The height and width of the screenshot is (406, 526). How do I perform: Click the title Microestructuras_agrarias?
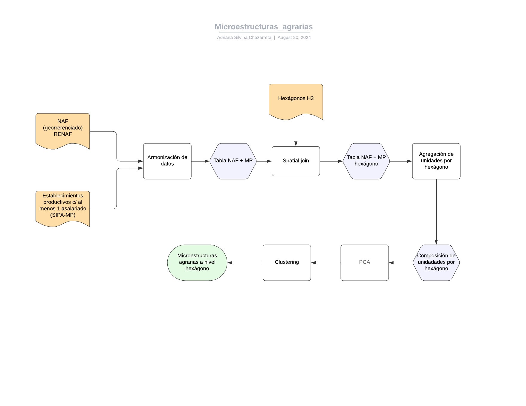[x=264, y=27]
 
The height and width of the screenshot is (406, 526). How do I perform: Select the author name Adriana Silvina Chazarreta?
[x=244, y=38]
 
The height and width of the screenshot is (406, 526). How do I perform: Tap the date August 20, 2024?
[x=294, y=38]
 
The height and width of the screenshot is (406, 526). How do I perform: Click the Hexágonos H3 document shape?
[x=296, y=100]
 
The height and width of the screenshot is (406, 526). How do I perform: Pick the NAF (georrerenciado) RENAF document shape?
[x=62, y=130]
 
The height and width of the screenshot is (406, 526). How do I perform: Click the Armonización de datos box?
[x=167, y=161]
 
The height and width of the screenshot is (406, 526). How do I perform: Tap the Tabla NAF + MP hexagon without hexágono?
[x=233, y=161]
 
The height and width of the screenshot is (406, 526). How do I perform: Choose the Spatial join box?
[x=296, y=161]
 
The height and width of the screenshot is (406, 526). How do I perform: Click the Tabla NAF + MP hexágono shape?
[x=366, y=161]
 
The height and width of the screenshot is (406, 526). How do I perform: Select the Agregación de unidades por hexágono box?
[x=436, y=161]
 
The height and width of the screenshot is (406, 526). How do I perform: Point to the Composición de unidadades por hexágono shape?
[x=436, y=263]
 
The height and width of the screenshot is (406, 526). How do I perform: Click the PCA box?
[x=364, y=263]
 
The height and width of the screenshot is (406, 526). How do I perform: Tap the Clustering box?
[x=287, y=263]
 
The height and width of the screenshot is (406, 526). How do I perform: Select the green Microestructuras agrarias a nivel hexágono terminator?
[x=197, y=263]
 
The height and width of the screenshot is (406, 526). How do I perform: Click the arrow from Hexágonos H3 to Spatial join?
[x=296, y=131]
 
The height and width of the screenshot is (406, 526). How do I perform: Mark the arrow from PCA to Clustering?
[x=326, y=263]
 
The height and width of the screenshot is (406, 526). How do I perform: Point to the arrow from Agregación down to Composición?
[x=436, y=212]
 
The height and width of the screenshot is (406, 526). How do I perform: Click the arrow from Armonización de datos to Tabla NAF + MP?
[x=200, y=161]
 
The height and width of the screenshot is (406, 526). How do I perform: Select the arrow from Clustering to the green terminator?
[x=245, y=263]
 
